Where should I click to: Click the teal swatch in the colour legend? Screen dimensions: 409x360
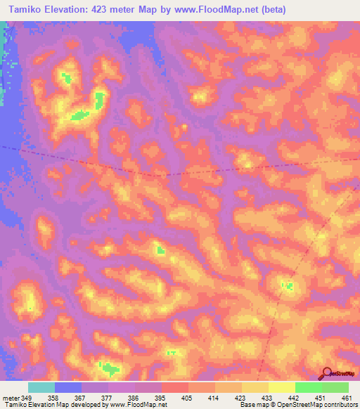pos(41,388)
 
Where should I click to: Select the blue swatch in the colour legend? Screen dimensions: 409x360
pos(68,388)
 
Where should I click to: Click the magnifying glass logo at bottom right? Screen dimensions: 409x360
pos(325,372)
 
